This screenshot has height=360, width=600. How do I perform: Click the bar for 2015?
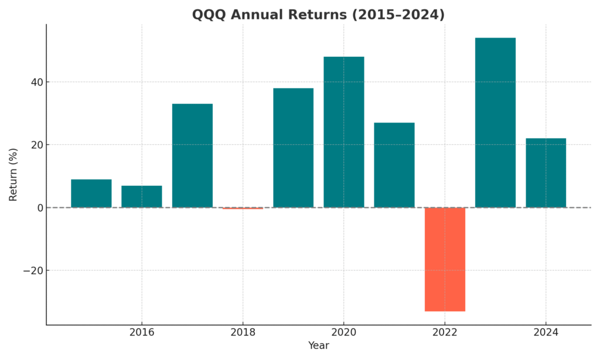pos(91,193)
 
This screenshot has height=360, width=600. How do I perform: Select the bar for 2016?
pos(142,196)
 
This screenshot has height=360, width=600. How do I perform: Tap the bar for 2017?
pos(192,155)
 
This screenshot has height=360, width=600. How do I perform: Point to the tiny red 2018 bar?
pos(243,208)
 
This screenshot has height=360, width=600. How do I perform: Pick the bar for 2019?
pos(293,148)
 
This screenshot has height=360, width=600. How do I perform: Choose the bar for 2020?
pos(344,132)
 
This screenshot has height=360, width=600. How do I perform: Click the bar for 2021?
pos(394,165)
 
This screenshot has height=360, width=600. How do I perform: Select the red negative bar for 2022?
pos(445,259)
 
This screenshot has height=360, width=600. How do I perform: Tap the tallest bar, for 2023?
pos(495,123)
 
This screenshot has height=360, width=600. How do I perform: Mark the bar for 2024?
pos(546,173)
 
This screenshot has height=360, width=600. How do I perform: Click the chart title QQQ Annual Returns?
pos(318,15)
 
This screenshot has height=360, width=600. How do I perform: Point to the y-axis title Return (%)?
pos(13,175)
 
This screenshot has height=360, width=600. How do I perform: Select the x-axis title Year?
pos(318,346)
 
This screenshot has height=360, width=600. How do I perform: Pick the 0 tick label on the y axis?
pos(39,208)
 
